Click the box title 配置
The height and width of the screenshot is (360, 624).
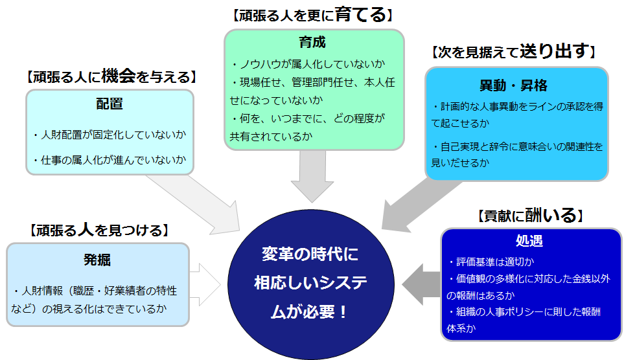point(110,104)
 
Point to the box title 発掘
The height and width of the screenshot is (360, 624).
point(97,260)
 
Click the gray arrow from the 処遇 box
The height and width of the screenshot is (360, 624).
point(421,284)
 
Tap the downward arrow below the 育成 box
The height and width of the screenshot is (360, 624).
point(313,175)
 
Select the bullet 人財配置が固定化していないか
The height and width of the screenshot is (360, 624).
point(110,135)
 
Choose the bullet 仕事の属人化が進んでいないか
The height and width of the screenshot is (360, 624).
point(110,159)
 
